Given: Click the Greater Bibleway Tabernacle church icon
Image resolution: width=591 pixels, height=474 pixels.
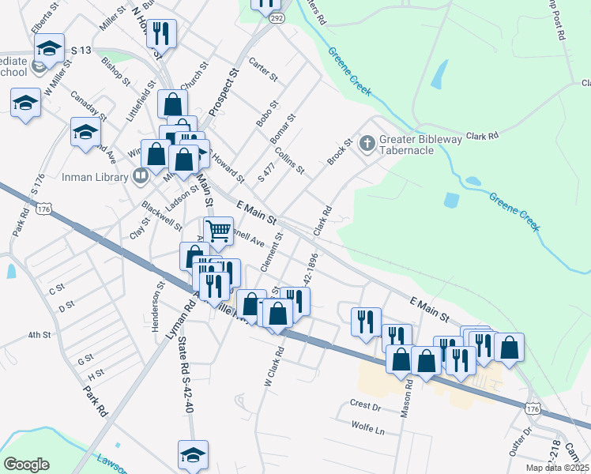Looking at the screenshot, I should (367, 144).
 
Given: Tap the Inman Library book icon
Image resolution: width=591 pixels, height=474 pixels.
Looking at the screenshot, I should (141, 175).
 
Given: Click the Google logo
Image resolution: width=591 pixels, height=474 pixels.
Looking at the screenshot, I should (26, 465).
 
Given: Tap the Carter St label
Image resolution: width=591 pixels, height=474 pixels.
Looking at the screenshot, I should (264, 70).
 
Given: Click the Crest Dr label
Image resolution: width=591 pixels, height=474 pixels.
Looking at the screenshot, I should (365, 404).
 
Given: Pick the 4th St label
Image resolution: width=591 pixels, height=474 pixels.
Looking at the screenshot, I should (39, 335).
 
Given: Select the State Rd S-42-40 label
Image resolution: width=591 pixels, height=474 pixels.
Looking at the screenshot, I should (185, 374).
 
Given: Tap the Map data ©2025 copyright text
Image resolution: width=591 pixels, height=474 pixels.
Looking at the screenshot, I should (556, 468).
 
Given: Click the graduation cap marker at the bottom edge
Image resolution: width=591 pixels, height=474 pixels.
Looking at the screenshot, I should (193, 455).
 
